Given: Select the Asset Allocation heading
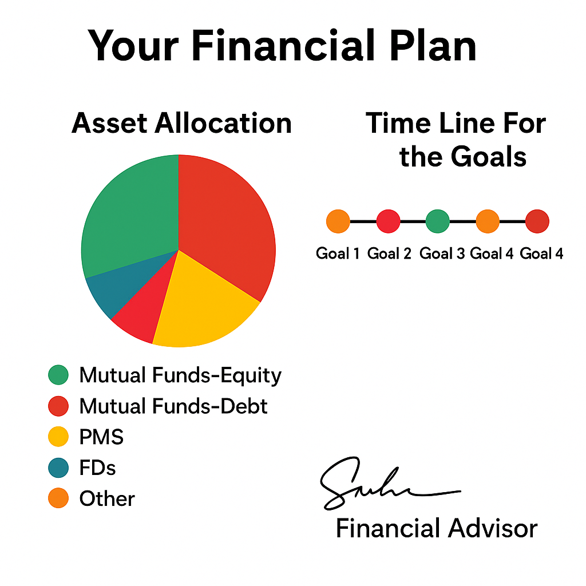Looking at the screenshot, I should [181, 123].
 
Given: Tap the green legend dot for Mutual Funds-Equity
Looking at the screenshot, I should [58, 375].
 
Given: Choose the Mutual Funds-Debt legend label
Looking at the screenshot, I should [173, 406].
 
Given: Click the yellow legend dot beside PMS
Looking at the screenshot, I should [58, 437].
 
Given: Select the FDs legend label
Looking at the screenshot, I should [97, 468].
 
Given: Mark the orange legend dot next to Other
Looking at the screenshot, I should [58, 498].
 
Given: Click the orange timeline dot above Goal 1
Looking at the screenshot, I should [338, 221].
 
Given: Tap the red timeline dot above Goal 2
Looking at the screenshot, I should [388, 221].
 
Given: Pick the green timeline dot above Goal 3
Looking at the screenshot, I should [438, 221].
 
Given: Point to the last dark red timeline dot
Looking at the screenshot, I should [537, 221].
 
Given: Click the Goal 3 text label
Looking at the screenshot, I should [442, 254].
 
